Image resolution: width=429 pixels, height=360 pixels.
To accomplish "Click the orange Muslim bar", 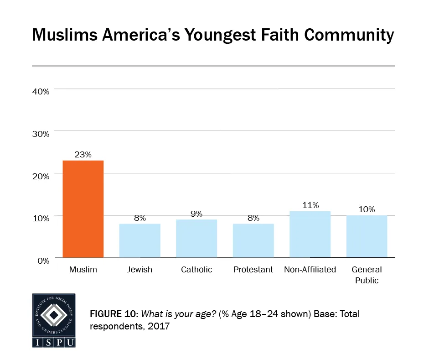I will pyautogui.click(x=83, y=209).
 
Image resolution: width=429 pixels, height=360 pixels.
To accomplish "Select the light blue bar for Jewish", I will pyautogui.click(x=140, y=240).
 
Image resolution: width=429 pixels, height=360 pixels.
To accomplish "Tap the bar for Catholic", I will pyautogui.click(x=196, y=239).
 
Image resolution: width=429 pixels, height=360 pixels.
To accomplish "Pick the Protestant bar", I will pyautogui.click(x=253, y=240).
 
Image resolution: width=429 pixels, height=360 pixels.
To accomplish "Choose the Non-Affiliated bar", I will pyautogui.click(x=310, y=235).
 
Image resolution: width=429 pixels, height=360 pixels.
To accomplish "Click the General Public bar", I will pyautogui.click(x=367, y=236).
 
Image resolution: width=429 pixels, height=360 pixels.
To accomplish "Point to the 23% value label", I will pyautogui.click(x=83, y=155).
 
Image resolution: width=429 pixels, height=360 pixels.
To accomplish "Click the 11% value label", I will pyautogui.click(x=310, y=205).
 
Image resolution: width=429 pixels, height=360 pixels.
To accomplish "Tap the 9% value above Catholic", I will pyautogui.click(x=196, y=214).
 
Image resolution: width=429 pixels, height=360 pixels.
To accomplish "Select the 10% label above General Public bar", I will pyautogui.click(x=367, y=209).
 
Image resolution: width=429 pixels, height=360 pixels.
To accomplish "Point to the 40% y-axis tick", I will pyautogui.click(x=41, y=91).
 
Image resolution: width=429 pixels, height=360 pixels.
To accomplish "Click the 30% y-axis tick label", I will pyautogui.click(x=41, y=134).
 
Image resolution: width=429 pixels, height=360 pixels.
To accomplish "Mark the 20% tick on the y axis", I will pyautogui.click(x=41, y=176).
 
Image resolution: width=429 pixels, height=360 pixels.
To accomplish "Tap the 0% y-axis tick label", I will pyautogui.click(x=43, y=261).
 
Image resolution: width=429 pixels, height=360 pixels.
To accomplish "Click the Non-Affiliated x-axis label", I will pyautogui.click(x=310, y=270).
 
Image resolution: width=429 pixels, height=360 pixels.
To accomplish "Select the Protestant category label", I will pyautogui.click(x=253, y=270).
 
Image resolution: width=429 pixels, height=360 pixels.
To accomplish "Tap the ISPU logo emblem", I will pyautogui.click(x=54, y=314).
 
